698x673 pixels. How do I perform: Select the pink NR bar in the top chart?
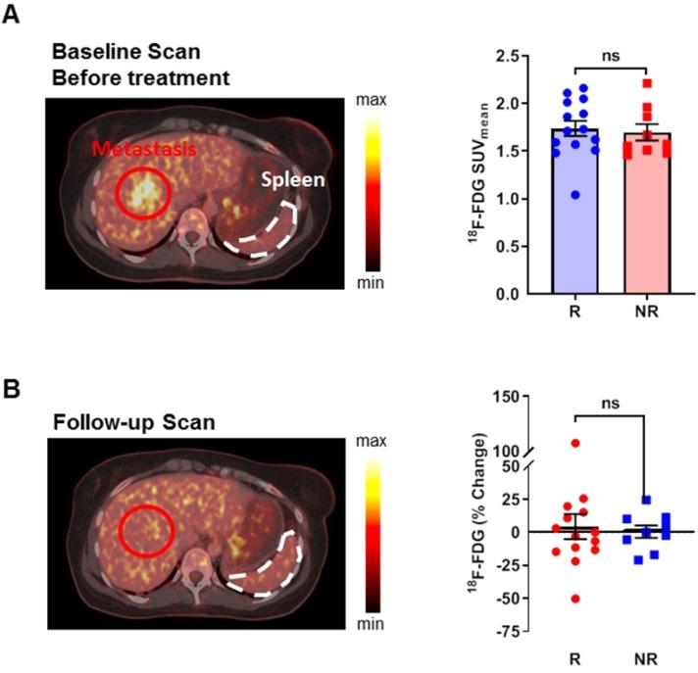click(645, 230)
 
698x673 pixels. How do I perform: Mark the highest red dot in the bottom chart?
click(575, 443)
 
